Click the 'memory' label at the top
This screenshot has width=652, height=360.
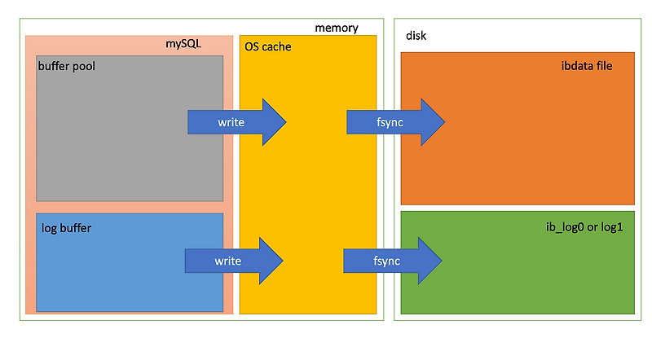(336, 28)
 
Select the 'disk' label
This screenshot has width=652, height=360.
(416, 37)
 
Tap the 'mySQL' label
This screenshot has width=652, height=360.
(183, 43)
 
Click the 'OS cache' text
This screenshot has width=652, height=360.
(268, 47)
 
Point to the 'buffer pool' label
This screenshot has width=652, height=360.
(67, 66)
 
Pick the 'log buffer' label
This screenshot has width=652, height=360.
(66, 228)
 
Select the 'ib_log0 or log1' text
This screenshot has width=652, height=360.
(584, 228)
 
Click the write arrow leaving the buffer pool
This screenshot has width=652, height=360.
(236, 122)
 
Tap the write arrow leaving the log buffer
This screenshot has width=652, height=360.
(235, 261)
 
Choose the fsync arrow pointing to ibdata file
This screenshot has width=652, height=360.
(395, 122)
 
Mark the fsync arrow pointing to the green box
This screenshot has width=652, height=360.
(393, 261)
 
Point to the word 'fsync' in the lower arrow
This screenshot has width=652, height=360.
(385, 261)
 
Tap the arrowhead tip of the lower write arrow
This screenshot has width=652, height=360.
(282, 261)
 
